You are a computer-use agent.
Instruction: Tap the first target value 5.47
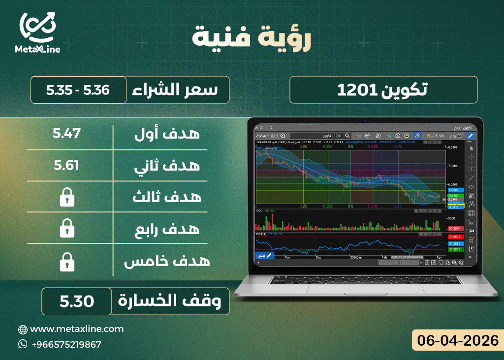pyautogui.click(x=66, y=133)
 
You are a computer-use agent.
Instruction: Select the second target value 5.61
pyautogui.click(x=66, y=165)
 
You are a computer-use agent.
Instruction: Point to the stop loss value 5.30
pyautogui.click(x=77, y=301)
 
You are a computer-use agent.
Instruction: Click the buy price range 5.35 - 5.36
pyautogui.click(x=77, y=90)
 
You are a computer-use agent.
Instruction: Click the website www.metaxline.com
pyautogui.click(x=77, y=329)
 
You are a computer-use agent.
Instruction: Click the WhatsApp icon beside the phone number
pyautogui.click(x=23, y=344)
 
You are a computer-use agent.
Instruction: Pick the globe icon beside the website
pyautogui.click(x=23, y=329)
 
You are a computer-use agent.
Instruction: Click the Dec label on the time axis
pyautogui.click(x=318, y=257)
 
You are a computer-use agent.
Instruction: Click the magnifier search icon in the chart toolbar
pyautogui.click(x=347, y=135)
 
